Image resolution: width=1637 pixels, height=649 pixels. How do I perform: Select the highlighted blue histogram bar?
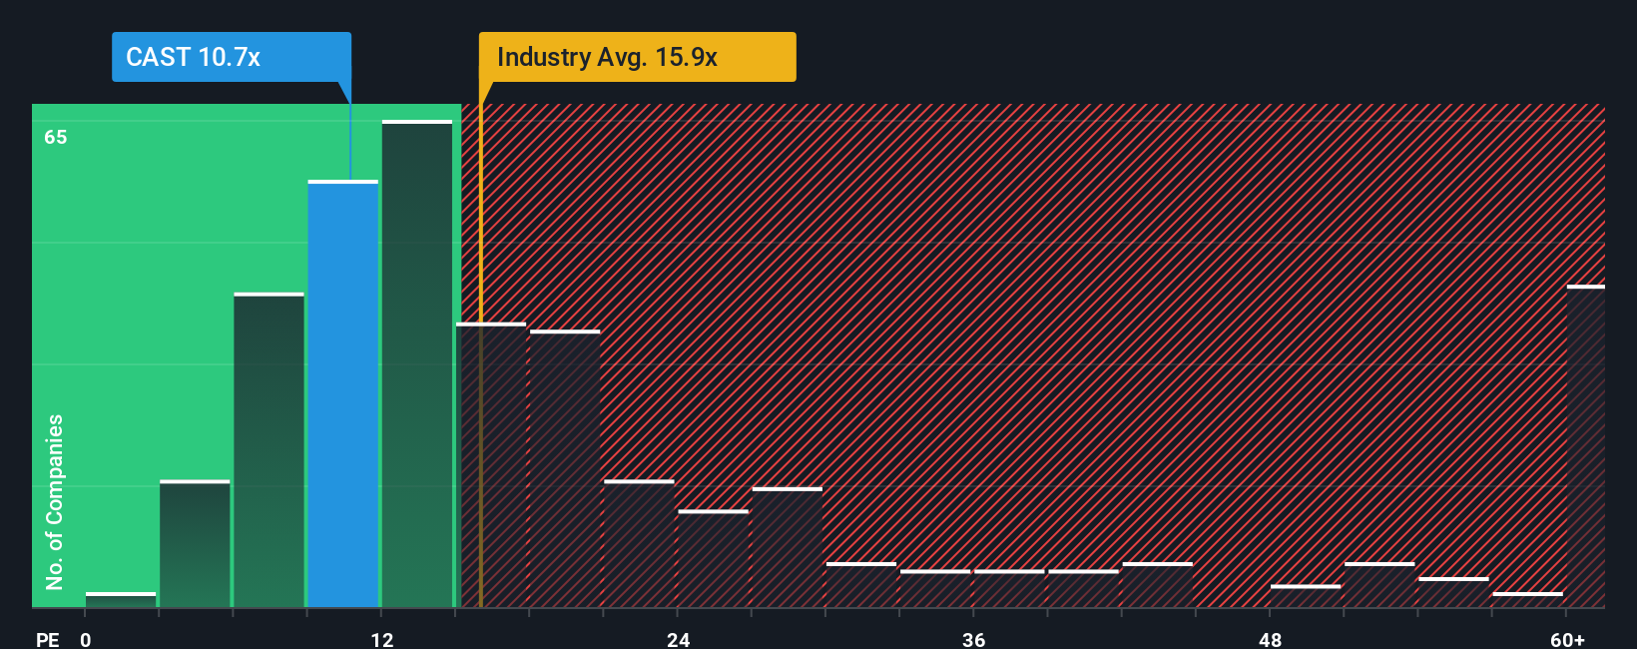coord(343,394)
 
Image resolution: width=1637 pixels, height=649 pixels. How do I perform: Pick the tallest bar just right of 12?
coord(417,364)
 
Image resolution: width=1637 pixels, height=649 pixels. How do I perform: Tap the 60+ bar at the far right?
coord(1585,446)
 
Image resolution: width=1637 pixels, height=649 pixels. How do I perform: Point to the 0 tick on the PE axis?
coord(86,639)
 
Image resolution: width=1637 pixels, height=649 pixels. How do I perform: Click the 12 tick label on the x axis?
coord(382,639)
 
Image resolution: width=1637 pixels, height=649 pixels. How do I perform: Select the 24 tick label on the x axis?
coord(678,639)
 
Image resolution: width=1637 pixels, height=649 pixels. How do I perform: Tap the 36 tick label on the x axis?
coord(974,639)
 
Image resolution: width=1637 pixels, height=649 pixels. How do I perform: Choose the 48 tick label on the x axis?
coord(1270,639)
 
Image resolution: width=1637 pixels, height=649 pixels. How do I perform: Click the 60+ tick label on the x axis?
coord(1567,639)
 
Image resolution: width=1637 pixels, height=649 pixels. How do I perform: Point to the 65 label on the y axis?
coord(56,137)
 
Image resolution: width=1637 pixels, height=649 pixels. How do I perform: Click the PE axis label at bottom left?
coord(47,639)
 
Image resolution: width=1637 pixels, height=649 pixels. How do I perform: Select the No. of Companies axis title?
coord(55,501)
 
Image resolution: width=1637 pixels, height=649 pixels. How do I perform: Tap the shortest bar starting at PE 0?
coord(121,599)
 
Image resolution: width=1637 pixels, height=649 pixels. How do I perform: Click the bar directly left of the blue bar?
coord(269,450)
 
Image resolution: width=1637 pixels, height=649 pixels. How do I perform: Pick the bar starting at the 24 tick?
coord(713,558)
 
